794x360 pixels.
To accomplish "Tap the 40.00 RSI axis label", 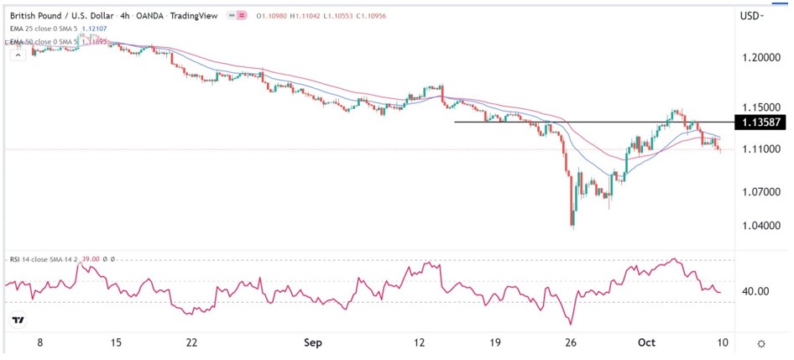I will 757,291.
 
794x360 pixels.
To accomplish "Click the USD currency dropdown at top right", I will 752,16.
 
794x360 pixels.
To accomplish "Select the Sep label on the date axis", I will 313,343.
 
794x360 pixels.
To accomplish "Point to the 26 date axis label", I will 571,343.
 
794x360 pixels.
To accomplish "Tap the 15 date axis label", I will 116,343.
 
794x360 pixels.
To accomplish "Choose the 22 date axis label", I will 191,343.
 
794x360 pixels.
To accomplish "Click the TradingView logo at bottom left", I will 18,321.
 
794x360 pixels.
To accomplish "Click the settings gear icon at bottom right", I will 760,344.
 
